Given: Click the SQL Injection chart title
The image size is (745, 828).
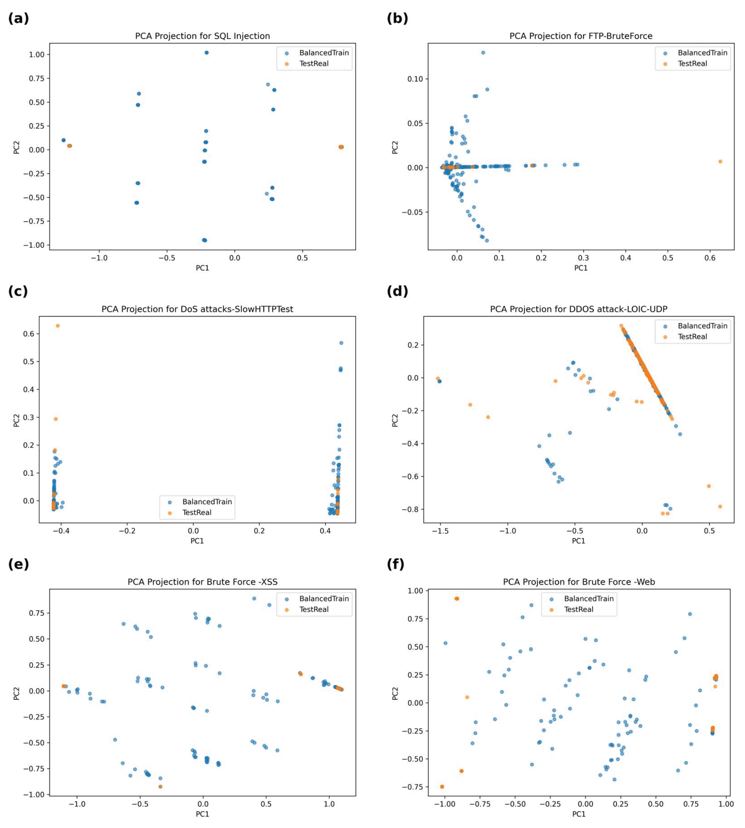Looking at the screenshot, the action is point(202,36).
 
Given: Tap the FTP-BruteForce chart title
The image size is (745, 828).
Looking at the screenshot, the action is point(581,36).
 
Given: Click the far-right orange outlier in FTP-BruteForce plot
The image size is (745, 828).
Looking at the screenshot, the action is point(720,162).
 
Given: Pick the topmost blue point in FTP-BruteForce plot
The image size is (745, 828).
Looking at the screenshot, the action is point(483,52).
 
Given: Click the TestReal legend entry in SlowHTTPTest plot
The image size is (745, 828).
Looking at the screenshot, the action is point(197,512).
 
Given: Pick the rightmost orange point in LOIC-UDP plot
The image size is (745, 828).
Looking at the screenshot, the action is point(720,506).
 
